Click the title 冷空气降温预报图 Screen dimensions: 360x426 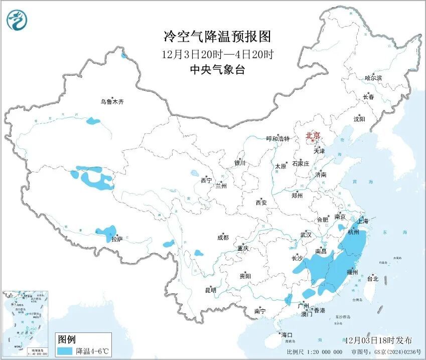point(217,37)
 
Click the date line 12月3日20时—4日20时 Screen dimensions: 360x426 point(218,54)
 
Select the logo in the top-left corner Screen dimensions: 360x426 point(17,20)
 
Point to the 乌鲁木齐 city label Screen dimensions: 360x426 point(111,102)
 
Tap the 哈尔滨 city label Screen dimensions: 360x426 point(373,78)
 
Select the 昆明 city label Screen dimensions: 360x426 point(210,290)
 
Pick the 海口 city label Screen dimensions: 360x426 point(287,334)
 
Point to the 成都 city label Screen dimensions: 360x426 point(223,238)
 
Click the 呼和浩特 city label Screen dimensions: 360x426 point(277,139)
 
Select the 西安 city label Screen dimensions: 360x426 point(261,203)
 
